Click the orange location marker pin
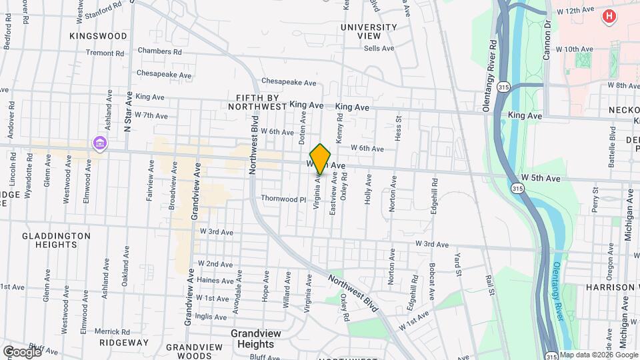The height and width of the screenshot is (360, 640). pyautogui.click(x=320, y=159)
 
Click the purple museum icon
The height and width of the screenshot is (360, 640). pyautogui.click(x=99, y=143)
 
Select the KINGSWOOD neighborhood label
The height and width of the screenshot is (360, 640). pyautogui.click(x=98, y=35)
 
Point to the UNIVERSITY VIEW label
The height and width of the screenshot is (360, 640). pyautogui.click(x=369, y=31)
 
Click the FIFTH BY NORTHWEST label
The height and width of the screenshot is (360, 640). pyautogui.click(x=257, y=101)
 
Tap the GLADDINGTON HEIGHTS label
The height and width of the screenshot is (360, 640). pyautogui.click(x=56, y=240)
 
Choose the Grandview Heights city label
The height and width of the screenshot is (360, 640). pyautogui.click(x=252, y=339)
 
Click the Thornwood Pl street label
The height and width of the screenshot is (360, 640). pyautogui.click(x=283, y=199)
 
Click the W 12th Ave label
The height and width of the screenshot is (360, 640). pyautogui.click(x=575, y=11)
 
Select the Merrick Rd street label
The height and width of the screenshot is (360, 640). pyautogui.click(x=111, y=331)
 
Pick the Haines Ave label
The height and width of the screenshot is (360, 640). pyautogui.click(x=215, y=281)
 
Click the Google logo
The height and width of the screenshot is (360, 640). pyautogui.click(x=22, y=351)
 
